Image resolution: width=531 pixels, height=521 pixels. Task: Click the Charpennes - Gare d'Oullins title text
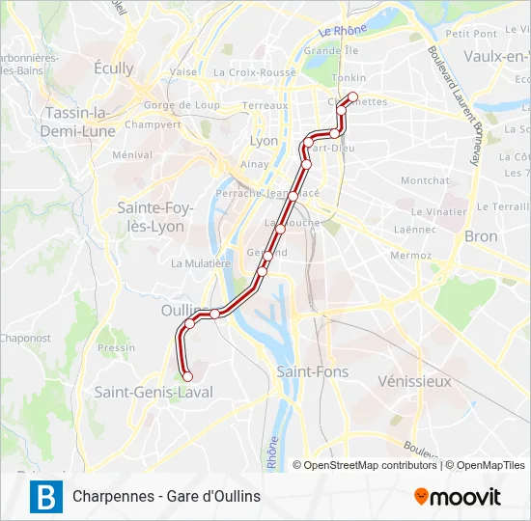tap(166, 497)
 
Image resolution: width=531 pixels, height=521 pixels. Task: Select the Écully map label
tap(114, 69)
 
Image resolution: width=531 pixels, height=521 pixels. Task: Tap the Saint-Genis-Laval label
tap(153, 392)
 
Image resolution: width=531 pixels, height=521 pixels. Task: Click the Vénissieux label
tap(415, 381)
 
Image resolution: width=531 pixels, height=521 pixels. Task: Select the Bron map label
tap(481, 236)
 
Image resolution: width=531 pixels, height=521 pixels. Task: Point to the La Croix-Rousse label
tap(255, 72)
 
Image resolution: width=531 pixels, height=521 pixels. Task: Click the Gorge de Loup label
tap(182, 105)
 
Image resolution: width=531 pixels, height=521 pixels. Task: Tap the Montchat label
tap(425, 180)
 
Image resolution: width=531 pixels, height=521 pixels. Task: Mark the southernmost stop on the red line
tap(187, 376)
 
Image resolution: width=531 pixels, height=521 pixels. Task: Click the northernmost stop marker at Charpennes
tap(352, 96)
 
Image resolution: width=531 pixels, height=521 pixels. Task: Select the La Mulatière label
tap(201, 262)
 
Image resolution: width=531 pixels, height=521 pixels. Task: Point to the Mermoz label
tap(410, 256)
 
